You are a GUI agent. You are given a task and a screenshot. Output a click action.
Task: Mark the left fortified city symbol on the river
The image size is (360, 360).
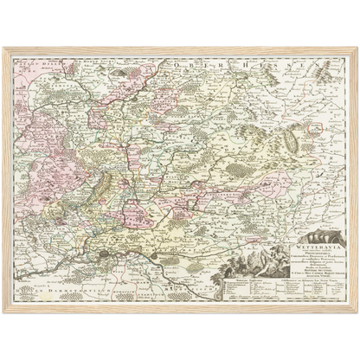[x=106, y=254]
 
